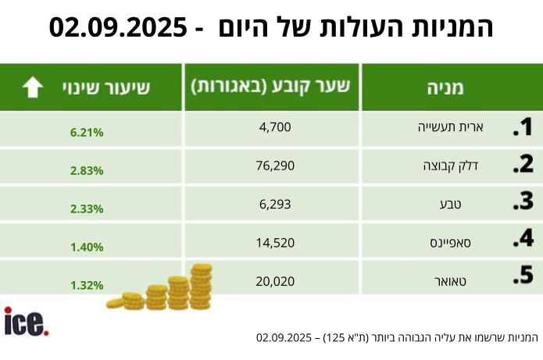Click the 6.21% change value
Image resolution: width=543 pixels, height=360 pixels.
[x=87, y=132]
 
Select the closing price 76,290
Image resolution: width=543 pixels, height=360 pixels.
[x=274, y=166]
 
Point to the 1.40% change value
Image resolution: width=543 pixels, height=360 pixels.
[x=87, y=247]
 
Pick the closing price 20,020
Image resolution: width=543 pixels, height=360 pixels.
[x=274, y=280]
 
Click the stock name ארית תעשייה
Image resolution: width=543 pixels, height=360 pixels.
[x=449, y=127]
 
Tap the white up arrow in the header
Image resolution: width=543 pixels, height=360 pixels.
[x=33, y=87]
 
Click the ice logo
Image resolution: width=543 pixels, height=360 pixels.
[x=26, y=322]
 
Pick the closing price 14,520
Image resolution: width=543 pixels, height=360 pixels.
[x=274, y=242]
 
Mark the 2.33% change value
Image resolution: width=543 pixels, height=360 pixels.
[x=87, y=209]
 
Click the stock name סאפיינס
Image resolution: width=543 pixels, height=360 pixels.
[x=451, y=242]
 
